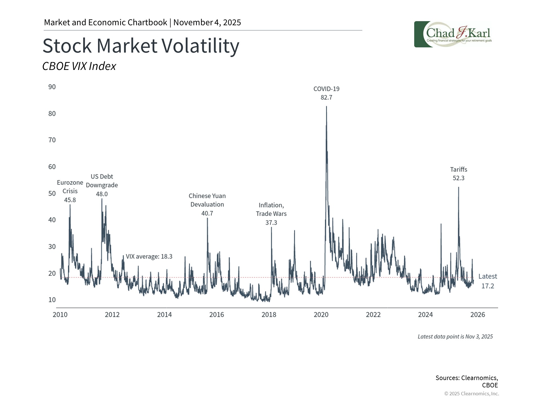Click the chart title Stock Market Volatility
click(141, 46)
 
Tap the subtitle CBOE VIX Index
click(79, 66)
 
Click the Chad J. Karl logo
click(453, 34)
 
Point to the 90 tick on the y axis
click(52, 87)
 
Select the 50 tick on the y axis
click(52, 193)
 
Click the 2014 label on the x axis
click(164, 315)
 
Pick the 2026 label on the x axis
click(478, 315)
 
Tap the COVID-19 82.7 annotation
click(326, 93)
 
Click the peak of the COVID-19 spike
click(327, 107)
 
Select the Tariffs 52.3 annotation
click(458, 174)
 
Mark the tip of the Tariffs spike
click(458, 187)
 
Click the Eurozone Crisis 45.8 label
click(70, 191)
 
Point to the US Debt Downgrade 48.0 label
click(102, 185)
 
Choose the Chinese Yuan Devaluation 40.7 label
click(207, 204)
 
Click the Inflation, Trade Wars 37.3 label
click(271, 214)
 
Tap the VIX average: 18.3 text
click(149, 257)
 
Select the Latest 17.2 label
click(487, 281)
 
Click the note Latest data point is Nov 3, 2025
click(455, 337)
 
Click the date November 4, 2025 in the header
click(207, 23)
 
